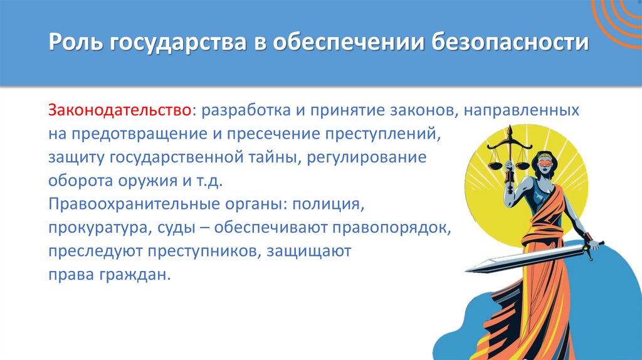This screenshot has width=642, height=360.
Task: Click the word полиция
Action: tap(330, 204)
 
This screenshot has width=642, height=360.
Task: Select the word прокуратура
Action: tap(96, 228)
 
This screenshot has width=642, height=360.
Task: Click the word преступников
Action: tap(203, 251)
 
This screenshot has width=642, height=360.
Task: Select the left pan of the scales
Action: tap(495, 166)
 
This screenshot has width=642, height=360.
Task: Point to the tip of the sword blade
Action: tap(470, 269)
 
